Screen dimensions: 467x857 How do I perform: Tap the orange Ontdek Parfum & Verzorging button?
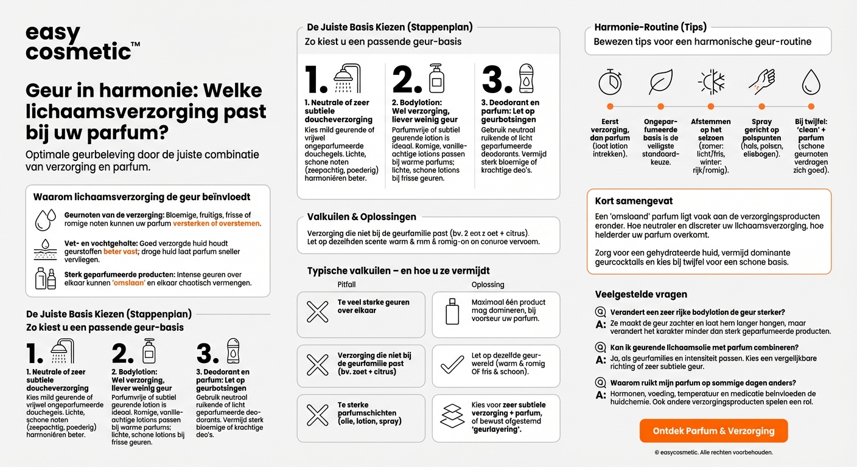(713, 431)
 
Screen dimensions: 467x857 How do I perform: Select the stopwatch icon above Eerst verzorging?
(610, 82)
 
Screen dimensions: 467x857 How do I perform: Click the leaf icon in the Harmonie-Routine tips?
(660, 82)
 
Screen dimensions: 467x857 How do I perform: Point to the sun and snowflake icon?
(710, 82)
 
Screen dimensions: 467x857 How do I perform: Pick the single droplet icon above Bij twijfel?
(811, 82)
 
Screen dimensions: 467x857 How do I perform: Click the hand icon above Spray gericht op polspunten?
(761, 82)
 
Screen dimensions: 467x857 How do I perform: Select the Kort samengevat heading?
(634, 201)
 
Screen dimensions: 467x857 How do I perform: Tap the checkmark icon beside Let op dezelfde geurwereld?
(452, 364)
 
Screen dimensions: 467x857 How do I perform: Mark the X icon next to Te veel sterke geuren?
(318, 311)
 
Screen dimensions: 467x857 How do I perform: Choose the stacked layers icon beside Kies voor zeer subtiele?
(452, 417)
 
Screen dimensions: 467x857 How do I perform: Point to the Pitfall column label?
(347, 285)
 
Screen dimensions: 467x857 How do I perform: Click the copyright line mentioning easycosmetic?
(713, 452)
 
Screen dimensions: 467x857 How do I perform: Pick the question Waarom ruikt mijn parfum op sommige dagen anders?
(703, 382)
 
